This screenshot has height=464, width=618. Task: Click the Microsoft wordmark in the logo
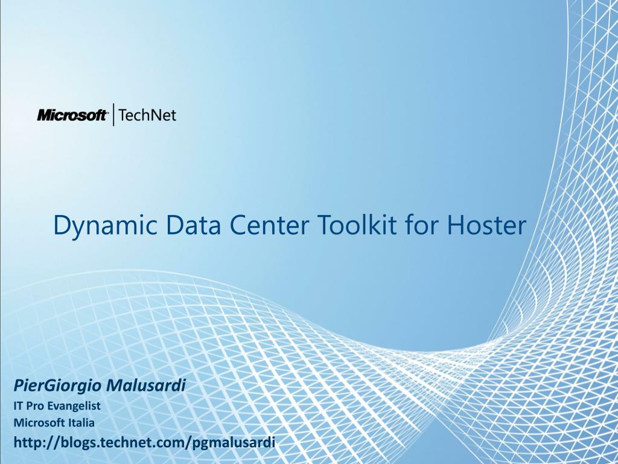(x=72, y=115)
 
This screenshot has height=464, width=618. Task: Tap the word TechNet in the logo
(x=148, y=115)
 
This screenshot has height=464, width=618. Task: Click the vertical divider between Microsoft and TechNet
(x=114, y=115)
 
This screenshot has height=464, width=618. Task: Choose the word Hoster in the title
(x=487, y=225)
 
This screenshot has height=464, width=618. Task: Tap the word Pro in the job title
(x=36, y=406)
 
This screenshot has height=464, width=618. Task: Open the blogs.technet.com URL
(x=144, y=443)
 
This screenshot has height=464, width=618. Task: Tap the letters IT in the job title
(x=18, y=406)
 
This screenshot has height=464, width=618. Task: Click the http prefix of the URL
(x=28, y=443)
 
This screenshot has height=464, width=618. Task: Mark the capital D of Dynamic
(x=61, y=225)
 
